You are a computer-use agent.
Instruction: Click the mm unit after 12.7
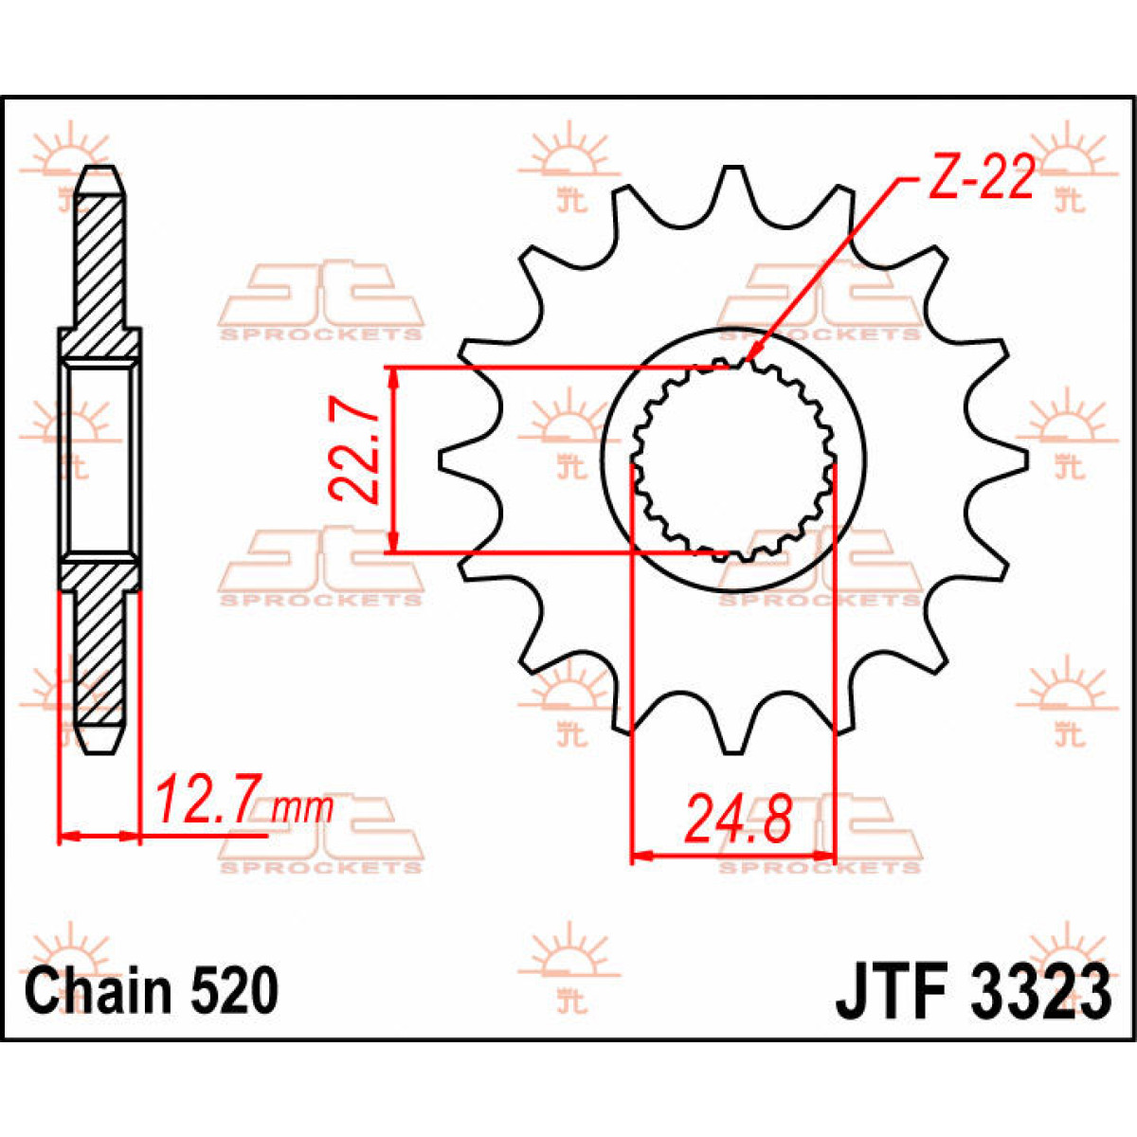coord(302,809)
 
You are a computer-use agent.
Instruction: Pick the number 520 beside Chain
coord(234,991)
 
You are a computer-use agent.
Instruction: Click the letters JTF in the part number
coord(893,991)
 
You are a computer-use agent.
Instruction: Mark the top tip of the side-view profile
coord(100,171)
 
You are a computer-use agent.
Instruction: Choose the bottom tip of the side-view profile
coord(100,750)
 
